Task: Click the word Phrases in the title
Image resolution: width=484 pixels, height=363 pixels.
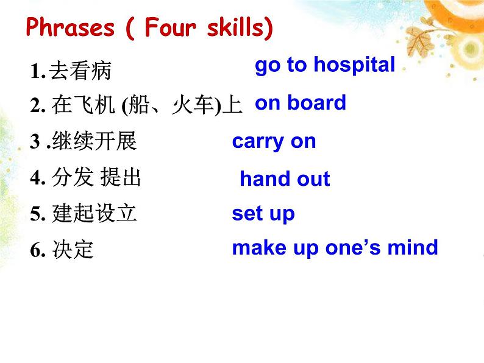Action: (x=70, y=28)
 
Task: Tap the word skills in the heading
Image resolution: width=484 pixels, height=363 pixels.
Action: (x=240, y=27)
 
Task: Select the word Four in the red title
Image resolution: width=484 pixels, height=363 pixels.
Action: (x=170, y=27)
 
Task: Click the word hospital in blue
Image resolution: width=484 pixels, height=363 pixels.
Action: (x=354, y=65)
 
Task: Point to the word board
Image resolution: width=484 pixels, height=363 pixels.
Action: (x=317, y=103)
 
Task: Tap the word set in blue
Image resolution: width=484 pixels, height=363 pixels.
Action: (x=247, y=213)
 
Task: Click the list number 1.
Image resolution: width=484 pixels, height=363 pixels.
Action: (x=35, y=71)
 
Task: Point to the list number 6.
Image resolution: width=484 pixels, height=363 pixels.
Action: (x=36, y=250)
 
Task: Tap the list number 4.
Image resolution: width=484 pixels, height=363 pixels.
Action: (x=36, y=178)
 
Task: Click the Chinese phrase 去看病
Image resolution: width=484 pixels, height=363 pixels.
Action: (x=80, y=71)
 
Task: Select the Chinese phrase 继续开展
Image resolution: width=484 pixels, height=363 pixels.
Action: (x=94, y=141)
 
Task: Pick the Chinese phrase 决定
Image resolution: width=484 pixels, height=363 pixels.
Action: (x=73, y=249)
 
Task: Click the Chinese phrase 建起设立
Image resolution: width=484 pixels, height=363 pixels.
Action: (x=94, y=213)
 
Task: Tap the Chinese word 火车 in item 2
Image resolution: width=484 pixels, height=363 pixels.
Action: (x=193, y=105)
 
